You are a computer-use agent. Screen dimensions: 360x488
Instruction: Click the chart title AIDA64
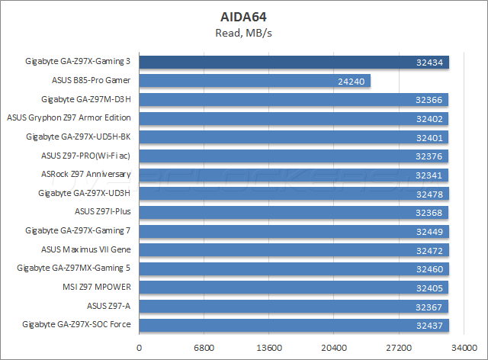[x=243, y=16]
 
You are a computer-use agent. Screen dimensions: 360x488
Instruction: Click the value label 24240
[x=348, y=81]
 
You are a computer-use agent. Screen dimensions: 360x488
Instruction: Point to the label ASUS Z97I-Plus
[x=103, y=211]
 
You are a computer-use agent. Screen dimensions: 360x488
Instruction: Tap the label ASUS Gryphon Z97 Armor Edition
[x=69, y=117]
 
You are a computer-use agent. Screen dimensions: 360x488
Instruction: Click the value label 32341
[x=429, y=175]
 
